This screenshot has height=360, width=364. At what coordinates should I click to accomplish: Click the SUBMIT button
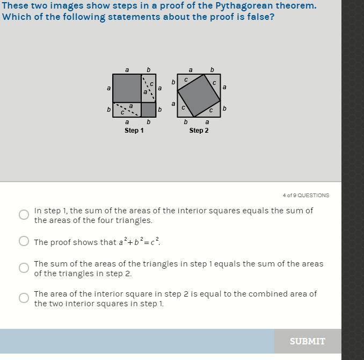pos(307,341)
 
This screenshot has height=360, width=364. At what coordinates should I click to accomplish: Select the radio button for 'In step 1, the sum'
pos(24,214)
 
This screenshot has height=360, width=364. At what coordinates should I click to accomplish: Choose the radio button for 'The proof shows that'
pos(24,241)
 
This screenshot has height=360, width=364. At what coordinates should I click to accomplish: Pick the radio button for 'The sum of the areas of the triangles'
pos(24,268)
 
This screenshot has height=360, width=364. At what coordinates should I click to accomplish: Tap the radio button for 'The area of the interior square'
pos(24,298)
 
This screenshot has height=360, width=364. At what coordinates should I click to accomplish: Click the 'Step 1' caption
pos(134,131)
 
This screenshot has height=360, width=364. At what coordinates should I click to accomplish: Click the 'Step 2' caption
pos(199,131)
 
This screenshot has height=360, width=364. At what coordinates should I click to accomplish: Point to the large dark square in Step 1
pos(127,88)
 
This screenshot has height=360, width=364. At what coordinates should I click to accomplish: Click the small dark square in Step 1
pos(149,110)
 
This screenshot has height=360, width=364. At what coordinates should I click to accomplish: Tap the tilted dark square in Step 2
pos(199,96)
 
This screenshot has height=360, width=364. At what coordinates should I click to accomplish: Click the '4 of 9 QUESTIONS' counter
pos(306,196)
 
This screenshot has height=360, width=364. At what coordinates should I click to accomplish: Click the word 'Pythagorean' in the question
pos(242,5)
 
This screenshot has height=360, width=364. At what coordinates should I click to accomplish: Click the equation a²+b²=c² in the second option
pos(139,242)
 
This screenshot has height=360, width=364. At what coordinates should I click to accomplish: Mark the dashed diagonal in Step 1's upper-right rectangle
pos(149,88)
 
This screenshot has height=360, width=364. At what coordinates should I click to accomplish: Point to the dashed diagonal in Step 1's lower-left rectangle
pos(127,110)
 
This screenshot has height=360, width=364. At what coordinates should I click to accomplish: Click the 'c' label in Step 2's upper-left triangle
pos(186,80)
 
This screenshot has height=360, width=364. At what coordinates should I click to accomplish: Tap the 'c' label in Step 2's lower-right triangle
pos(211,110)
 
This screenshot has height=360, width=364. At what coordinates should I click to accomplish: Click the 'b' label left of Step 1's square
pos(108,110)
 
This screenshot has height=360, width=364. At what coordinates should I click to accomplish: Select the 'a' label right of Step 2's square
pos(224,87)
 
